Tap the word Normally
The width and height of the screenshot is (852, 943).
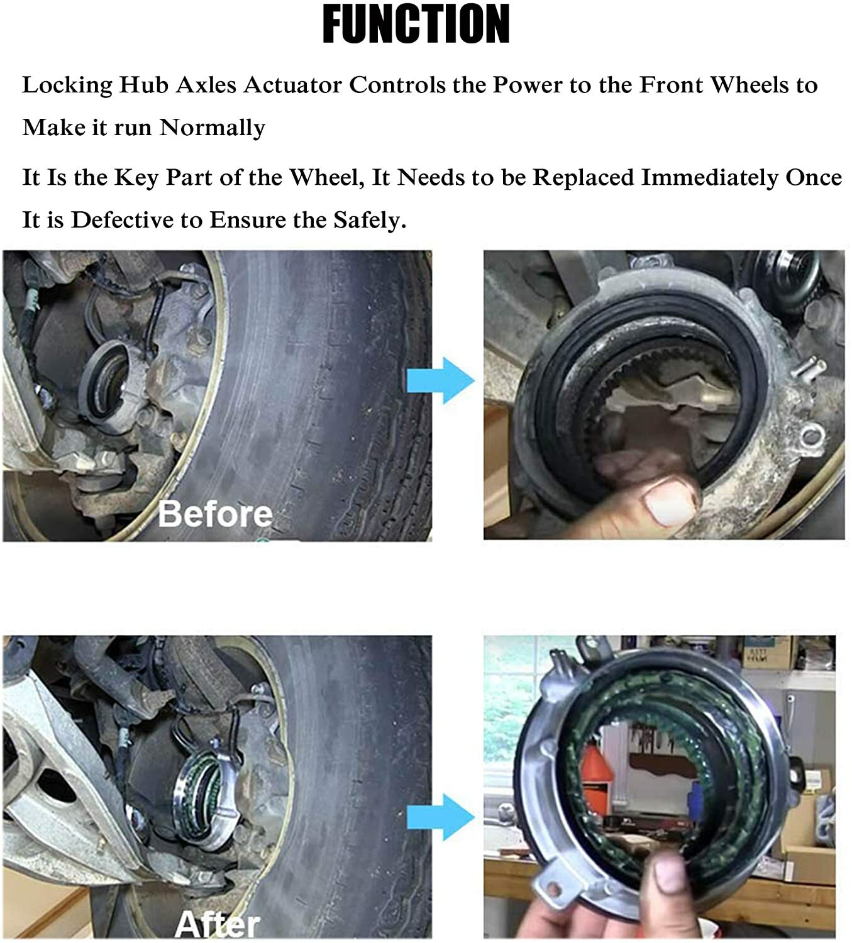coord(212,128)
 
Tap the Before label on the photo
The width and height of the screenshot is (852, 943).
coord(215,514)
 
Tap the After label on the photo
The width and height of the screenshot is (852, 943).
coord(217,924)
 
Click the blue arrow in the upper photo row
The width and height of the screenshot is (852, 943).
coord(440,380)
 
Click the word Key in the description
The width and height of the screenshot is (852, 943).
coord(136,178)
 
